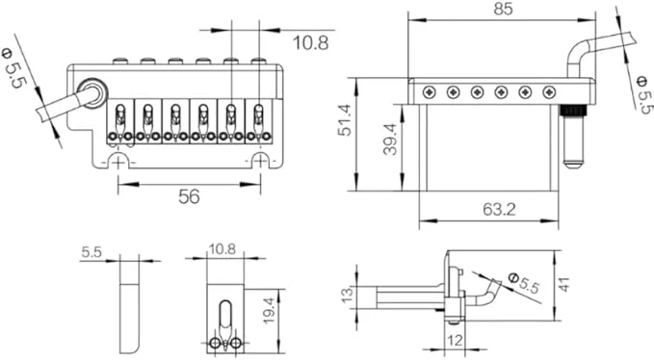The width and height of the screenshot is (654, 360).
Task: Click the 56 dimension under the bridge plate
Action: pyautogui.click(x=189, y=196)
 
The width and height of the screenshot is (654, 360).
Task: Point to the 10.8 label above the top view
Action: pyautogui.click(x=309, y=42)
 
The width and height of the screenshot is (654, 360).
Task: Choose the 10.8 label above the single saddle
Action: pyautogui.click(x=223, y=250)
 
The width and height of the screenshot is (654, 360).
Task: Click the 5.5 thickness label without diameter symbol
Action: pyautogui.click(x=92, y=252)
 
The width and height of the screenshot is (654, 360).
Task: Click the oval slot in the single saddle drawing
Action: pyautogui.click(x=225, y=318)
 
